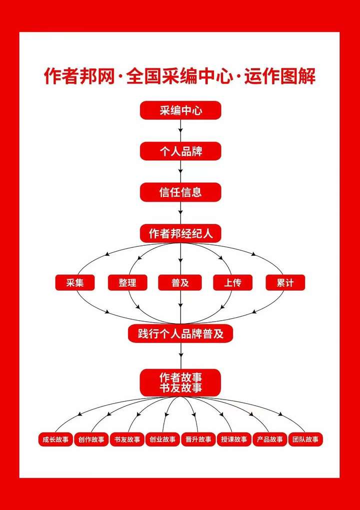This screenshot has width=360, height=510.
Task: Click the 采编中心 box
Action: pyautogui.click(x=180, y=110)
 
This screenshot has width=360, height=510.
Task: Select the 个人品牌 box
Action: pyautogui.click(x=180, y=151)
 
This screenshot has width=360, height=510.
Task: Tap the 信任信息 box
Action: pyautogui.click(x=180, y=192)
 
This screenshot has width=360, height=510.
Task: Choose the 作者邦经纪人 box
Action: pyautogui.click(x=180, y=233)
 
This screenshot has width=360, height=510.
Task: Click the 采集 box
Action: pyautogui.click(x=75, y=283)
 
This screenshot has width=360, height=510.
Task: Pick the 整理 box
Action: pyautogui.click(x=127, y=283)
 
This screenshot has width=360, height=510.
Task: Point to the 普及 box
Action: pyautogui.click(x=180, y=283)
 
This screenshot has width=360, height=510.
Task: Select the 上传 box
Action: pyautogui.click(x=232, y=283)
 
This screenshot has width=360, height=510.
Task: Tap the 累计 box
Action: pyautogui.click(x=285, y=283)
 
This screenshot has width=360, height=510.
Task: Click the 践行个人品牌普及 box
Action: pyautogui.click(x=180, y=334)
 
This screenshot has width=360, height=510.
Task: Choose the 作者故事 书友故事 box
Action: pyautogui.click(x=180, y=382)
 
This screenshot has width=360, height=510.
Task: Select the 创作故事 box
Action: pyautogui.click(x=91, y=440)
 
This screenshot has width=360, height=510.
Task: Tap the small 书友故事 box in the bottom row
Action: pyautogui.click(x=126, y=440)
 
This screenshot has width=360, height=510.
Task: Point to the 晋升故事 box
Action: pyautogui.click(x=198, y=440)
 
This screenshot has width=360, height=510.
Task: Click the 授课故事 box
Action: pyautogui.click(x=234, y=440)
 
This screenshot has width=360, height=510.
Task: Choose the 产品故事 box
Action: pyautogui.click(x=269, y=440)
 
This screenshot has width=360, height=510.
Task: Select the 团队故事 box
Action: pyautogui.click(x=305, y=440)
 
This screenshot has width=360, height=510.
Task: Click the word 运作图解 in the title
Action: pyautogui.click(x=280, y=77)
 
